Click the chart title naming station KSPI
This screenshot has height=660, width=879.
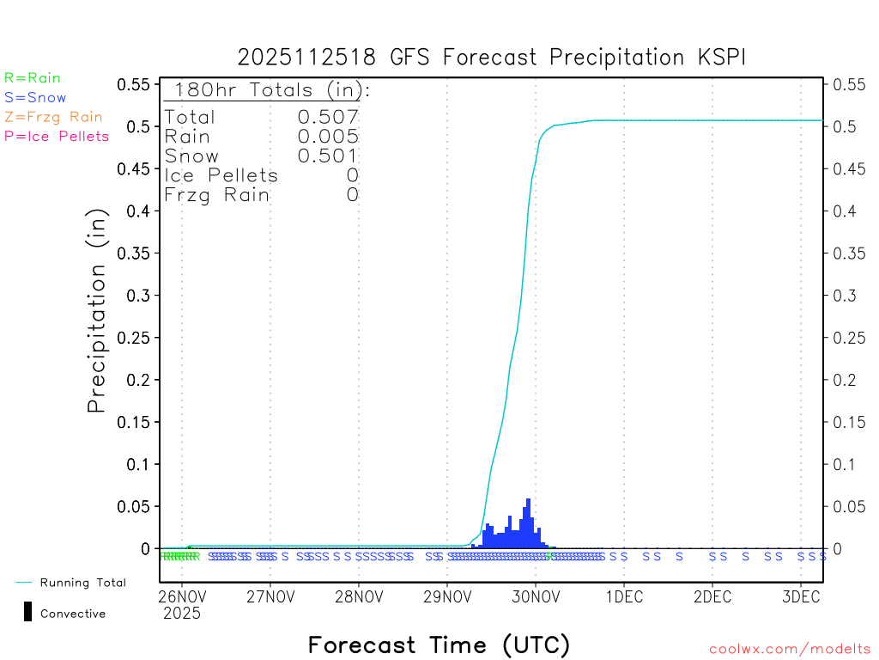tap(492, 58)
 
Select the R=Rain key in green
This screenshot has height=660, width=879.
tap(33, 78)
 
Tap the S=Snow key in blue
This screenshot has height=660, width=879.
tap(35, 98)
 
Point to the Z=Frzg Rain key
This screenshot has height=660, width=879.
tap(53, 117)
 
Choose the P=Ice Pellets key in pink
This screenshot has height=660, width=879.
tap(57, 136)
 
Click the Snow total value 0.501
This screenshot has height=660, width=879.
tap(328, 156)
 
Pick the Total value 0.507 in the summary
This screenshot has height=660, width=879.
tap(328, 117)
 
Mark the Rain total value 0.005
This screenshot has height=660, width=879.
tap(328, 136)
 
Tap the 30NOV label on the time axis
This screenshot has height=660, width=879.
tap(535, 596)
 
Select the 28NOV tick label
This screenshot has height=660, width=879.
tap(358, 596)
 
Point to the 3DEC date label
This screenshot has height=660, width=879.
tap(800, 596)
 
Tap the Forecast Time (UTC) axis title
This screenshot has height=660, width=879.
tap(439, 645)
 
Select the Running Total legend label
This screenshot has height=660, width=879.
tap(82, 583)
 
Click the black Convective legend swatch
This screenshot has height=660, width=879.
tap(27, 612)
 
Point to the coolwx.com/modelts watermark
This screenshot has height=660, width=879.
tap(790, 650)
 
